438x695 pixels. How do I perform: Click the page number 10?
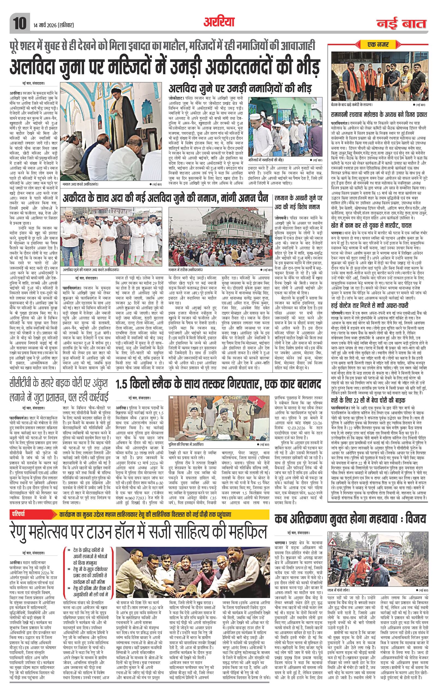(x=19, y=23)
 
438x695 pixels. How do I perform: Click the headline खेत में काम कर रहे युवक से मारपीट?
(x=371, y=225)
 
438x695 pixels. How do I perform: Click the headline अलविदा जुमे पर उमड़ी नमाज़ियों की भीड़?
(x=240, y=89)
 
